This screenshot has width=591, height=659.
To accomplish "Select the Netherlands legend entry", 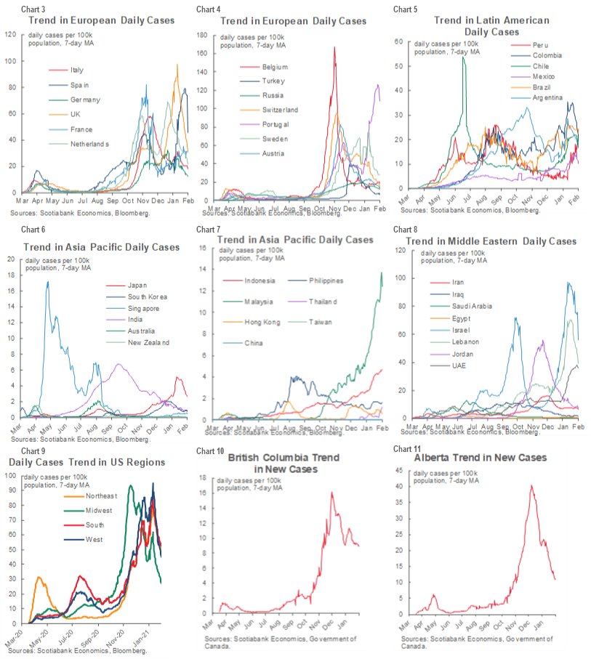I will [x=89, y=144].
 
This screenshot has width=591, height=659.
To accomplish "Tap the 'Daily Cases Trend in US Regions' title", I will [x=86, y=462].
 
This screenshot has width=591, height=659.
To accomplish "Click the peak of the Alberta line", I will [x=531, y=485].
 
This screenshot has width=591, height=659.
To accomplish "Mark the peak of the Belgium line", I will [x=335, y=47].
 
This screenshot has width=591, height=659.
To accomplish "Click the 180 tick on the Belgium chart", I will [x=202, y=34].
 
